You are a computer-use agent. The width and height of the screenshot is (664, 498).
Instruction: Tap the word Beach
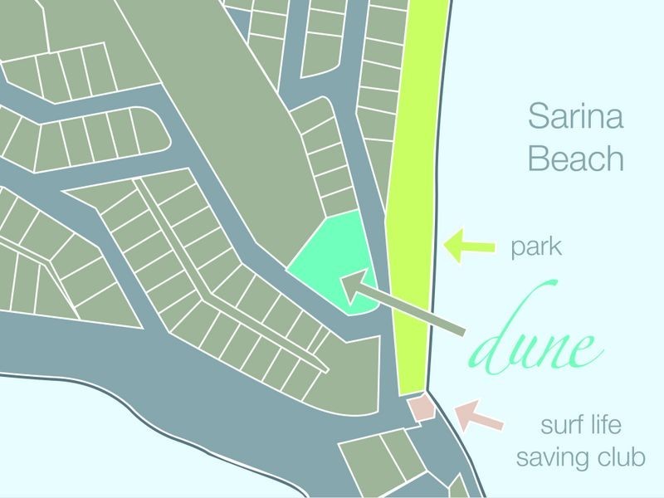tap(575, 159)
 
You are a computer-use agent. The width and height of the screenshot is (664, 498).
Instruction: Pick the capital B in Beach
tap(539, 159)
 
